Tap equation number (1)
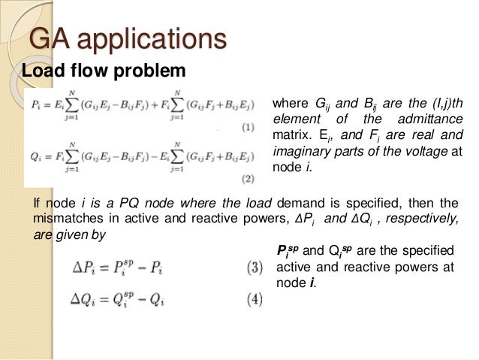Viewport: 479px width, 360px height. [248, 129]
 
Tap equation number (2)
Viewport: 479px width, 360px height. [248, 180]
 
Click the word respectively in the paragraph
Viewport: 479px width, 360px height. [420, 219]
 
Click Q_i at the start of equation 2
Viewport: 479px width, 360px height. [36, 154]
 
